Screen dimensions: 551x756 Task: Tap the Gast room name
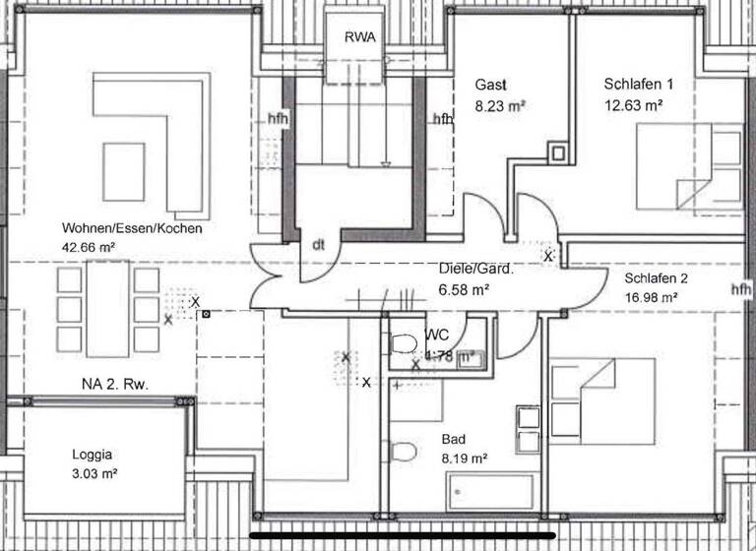pyautogui.click(x=491, y=84)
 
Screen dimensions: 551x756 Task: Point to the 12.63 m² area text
pyautogui.click(x=633, y=103)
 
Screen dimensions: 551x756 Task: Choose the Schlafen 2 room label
pyautogui.click(x=657, y=277)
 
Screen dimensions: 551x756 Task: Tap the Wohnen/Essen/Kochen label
pyautogui.click(x=132, y=228)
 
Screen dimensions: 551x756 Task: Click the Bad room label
pyautogui.click(x=454, y=439)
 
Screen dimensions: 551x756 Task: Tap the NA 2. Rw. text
pyautogui.click(x=115, y=384)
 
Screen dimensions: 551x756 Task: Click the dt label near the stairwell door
pyautogui.click(x=318, y=246)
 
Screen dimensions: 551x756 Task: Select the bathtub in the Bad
pyautogui.click(x=489, y=490)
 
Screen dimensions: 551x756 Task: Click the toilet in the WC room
pyautogui.click(x=403, y=342)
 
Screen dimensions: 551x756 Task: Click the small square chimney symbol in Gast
pyautogui.click(x=558, y=153)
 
